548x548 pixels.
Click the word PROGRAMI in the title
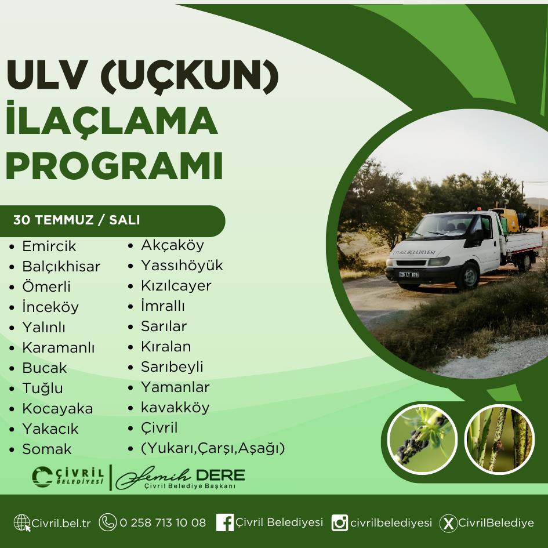point(114,166)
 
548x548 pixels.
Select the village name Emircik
point(49,246)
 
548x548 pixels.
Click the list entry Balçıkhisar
point(61,267)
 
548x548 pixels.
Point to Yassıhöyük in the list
point(182,265)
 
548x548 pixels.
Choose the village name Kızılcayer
point(176,285)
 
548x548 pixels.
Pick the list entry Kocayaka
point(57,409)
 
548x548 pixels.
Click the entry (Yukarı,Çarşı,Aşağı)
point(213,448)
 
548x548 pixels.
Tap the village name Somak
point(47,449)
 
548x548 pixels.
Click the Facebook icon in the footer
point(225,522)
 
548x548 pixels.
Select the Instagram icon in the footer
point(340,523)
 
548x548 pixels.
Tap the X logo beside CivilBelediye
point(448,523)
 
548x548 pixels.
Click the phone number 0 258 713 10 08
point(163,523)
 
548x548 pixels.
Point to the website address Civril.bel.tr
point(61,523)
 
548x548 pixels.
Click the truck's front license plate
point(409,274)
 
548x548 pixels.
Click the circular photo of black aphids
point(422,440)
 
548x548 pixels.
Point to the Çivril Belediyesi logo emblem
point(42,477)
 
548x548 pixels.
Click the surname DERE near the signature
point(220,476)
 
